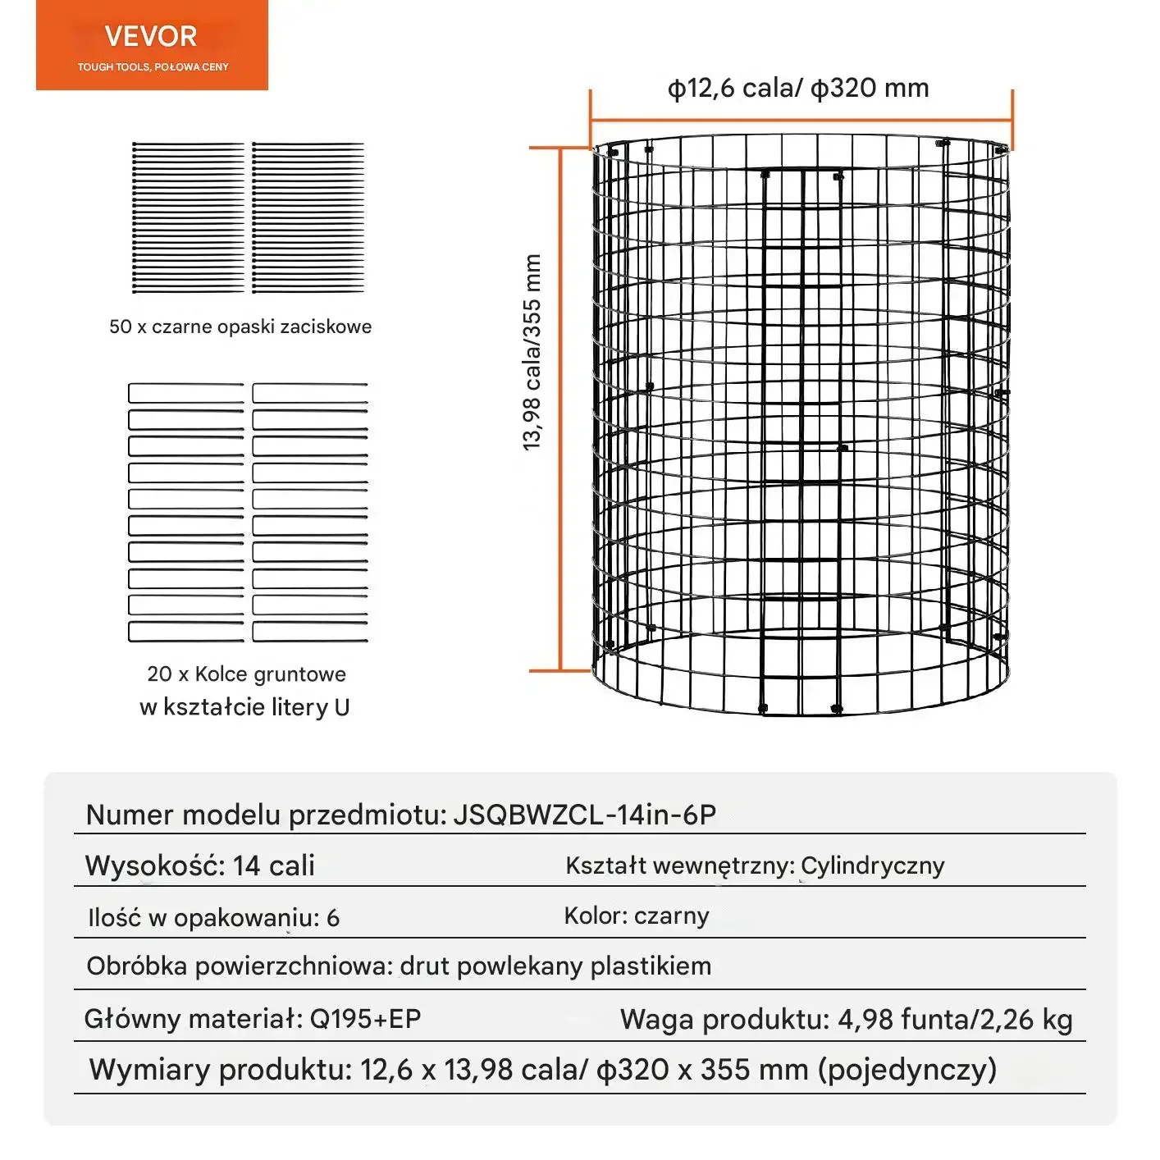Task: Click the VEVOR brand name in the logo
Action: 151,37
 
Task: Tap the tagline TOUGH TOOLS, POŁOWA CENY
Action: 153,67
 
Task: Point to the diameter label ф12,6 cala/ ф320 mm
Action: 798,89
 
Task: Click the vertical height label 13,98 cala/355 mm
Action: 532,352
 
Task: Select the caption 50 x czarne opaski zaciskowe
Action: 240,327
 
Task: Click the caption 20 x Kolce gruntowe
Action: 246,674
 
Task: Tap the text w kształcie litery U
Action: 244,707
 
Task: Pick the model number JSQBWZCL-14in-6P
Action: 585,815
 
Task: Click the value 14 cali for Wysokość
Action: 274,866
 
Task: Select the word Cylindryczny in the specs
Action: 873,866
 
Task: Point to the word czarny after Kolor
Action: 672,916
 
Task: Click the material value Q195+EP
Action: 365,1019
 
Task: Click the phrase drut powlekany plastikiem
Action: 555,966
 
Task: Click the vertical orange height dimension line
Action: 560,410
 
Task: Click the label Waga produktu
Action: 724,1020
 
